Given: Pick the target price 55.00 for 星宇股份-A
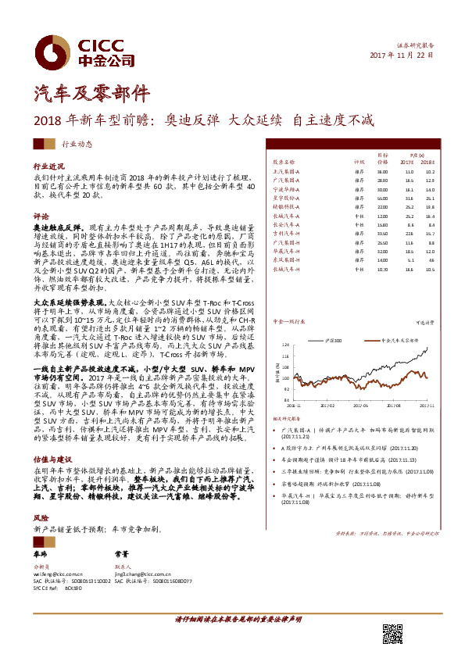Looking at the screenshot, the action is pos(382,198).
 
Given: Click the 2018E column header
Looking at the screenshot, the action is pos(429,162).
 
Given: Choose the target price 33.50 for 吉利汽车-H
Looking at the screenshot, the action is pos(382,233).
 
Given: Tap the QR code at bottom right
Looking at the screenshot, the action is pos(392,635).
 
